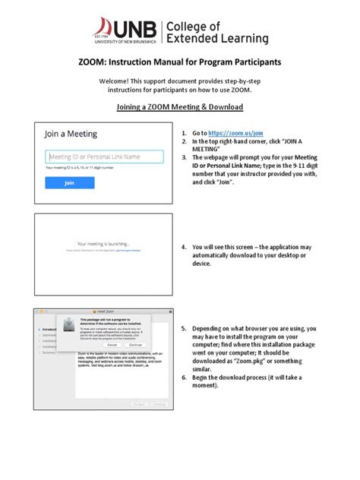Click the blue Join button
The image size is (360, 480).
pyautogui.click(x=69, y=183)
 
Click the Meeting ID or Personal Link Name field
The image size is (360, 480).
pyautogui.click(x=104, y=157)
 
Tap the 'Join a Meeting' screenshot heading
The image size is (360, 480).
pyautogui.click(x=71, y=134)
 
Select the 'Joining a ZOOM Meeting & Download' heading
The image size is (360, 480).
pyautogui.click(x=179, y=107)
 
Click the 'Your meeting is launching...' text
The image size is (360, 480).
pyautogui.click(x=103, y=243)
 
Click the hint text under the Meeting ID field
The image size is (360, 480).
pyautogui.click(x=80, y=167)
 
